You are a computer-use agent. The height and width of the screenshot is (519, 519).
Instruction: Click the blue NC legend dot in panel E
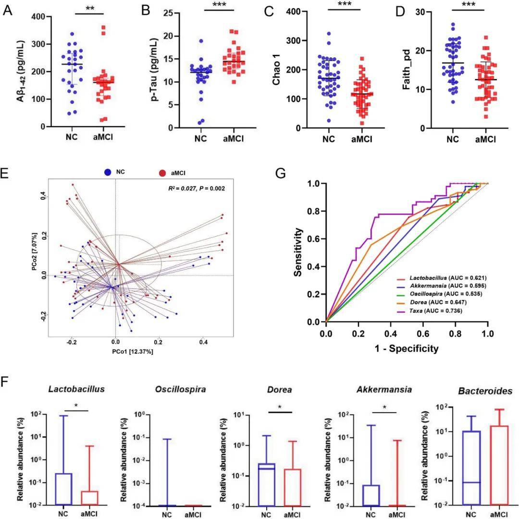pos(109,171)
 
